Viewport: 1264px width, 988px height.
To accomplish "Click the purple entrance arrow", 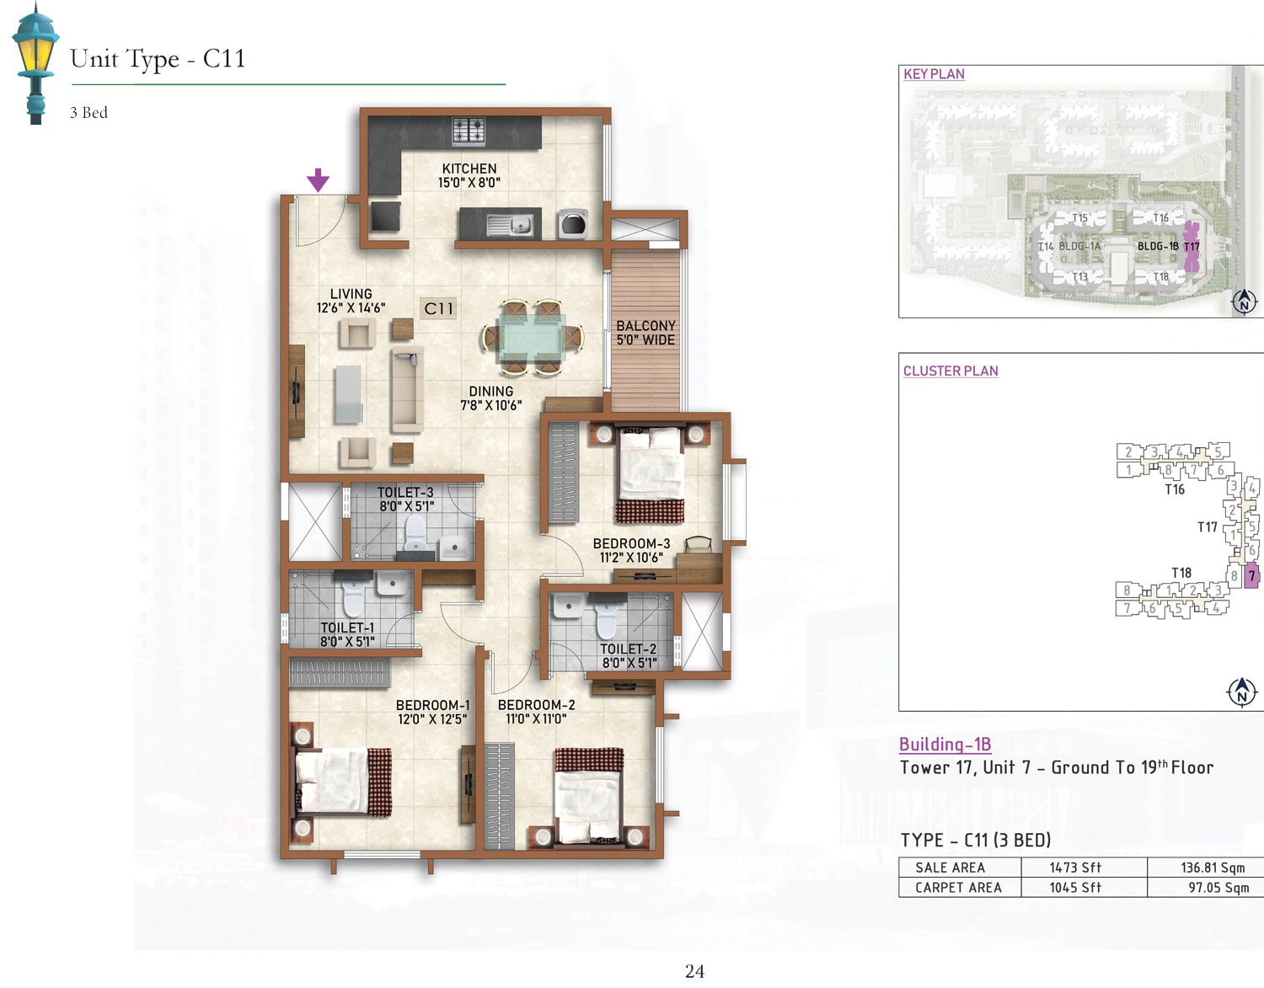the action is coord(319,180).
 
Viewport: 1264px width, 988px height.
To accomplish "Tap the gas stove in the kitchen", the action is coord(469,131).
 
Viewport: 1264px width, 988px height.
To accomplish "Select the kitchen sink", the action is coord(510,224).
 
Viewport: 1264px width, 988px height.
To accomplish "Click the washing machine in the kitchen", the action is coord(573,224).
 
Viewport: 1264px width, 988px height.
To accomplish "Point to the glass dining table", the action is coord(533,337).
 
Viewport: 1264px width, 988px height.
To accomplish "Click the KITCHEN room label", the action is coord(469,168).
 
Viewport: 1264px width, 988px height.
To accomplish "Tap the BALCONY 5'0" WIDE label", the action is coord(645,333).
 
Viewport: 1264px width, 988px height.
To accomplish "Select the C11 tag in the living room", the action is coord(438,308).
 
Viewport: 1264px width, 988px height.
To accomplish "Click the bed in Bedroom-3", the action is coord(651,475).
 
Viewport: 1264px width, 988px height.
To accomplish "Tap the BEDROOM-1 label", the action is coord(433,705).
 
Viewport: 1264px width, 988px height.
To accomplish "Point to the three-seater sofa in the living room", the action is coord(407,389).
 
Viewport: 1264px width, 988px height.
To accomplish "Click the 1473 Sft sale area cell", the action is coord(1075,868).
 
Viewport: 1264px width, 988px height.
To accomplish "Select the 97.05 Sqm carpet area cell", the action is coord(1218,888).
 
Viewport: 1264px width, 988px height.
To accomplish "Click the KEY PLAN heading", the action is coord(934,74).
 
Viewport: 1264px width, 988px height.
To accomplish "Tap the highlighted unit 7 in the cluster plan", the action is coord(1252,576).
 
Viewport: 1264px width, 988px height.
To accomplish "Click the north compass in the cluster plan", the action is coord(1242,692).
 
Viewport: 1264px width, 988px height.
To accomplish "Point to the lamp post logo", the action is coord(35,63).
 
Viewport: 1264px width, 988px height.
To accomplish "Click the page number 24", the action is coord(694,971).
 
